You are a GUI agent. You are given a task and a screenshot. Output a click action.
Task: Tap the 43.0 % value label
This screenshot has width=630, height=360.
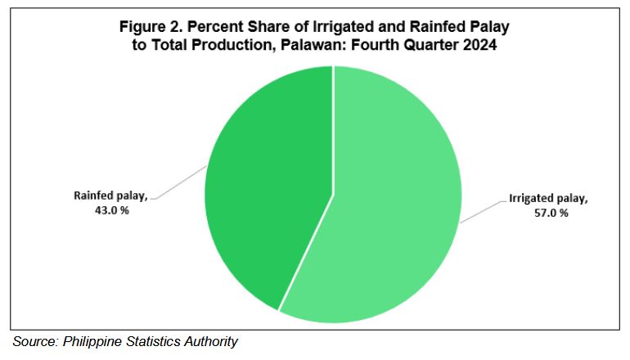112,210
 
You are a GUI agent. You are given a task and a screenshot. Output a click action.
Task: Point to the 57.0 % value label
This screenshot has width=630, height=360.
551,213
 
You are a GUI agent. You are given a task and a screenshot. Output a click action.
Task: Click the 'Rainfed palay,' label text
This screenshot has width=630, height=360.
111,196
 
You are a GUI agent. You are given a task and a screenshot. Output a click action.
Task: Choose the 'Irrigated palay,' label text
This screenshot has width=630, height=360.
548,199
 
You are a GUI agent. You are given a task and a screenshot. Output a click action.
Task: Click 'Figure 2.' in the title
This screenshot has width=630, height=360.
151,27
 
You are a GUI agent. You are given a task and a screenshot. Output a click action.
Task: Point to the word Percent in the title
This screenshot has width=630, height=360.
214,27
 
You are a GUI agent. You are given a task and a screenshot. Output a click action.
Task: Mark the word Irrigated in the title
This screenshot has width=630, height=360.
345,27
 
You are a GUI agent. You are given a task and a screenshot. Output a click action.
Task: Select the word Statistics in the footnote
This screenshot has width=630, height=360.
153,341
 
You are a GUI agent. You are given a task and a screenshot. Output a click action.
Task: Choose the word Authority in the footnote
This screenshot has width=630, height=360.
211,342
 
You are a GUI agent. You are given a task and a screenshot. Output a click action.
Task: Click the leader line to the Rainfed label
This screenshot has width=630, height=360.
180,182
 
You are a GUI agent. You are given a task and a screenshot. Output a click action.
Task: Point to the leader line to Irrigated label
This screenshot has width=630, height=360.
483,212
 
